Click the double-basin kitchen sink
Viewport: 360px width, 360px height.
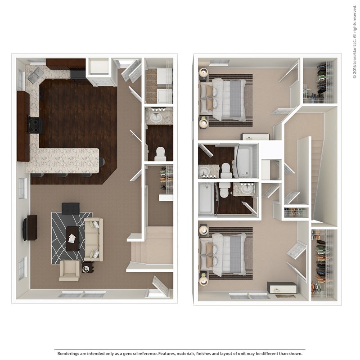pyautogui.click(x=36, y=75)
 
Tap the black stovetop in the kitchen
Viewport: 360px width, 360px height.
pyautogui.click(x=36, y=125)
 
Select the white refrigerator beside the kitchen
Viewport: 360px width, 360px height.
pyautogui.click(x=99, y=67)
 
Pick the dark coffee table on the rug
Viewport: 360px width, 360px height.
pyautogui.click(x=73, y=238)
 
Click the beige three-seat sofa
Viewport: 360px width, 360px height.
pyautogui.click(x=94, y=239)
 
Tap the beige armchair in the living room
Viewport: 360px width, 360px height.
pyautogui.click(x=70, y=270)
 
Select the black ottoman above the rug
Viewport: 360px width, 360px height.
pyautogui.click(x=71, y=208)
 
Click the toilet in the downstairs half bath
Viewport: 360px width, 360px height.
pyautogui.click(x=160, y=154)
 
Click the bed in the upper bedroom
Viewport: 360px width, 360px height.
pyautogui.click(x=223, y=99)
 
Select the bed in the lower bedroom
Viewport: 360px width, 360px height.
pyautogui.click(x=223, y=254)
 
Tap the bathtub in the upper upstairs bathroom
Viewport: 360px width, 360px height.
pyautogui.click(x=243, y=162)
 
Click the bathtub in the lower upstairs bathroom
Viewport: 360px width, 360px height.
pyautogui.click(x=206, y=199)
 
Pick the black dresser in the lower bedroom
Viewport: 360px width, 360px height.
pyautogui.click(x=282, y=288)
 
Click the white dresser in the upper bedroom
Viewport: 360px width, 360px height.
pyautogui.click(x=255, y=137)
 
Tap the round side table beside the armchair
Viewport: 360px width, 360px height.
pyautogui.click(x=87, y=268)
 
